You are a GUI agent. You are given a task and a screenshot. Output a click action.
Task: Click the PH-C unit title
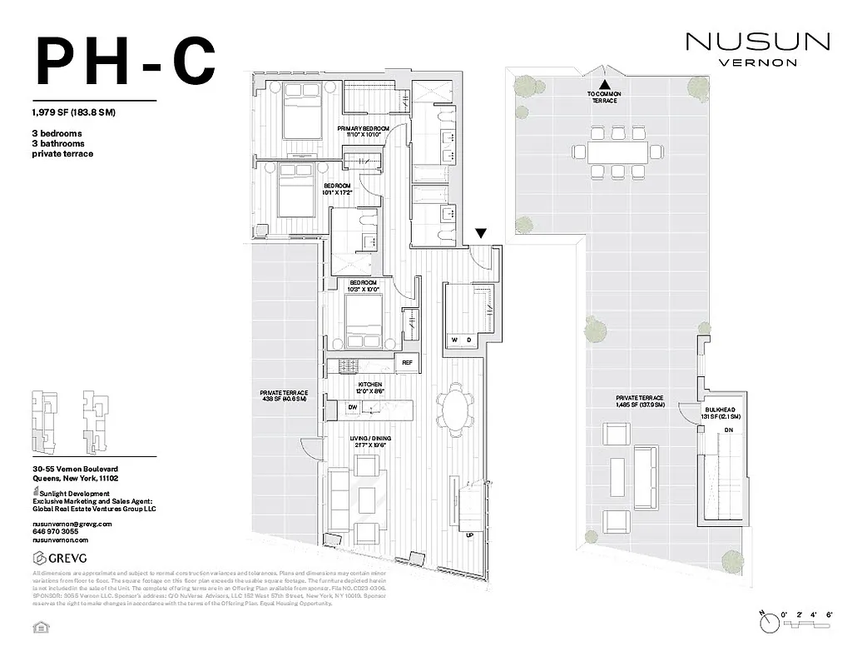125,62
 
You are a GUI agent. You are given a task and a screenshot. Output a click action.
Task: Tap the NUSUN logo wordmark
756,41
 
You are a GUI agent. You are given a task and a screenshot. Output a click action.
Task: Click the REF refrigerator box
408,362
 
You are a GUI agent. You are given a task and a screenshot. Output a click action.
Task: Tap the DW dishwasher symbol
353,407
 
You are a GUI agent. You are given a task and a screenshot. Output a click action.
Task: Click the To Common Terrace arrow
605,85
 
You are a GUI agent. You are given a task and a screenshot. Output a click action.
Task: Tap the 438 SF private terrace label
284,396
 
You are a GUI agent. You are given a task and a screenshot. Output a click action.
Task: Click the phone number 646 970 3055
56,530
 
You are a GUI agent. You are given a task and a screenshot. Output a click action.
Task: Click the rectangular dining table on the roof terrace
617,152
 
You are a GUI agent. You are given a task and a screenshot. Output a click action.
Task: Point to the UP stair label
470,535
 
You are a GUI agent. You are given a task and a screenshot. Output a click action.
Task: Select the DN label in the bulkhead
728,430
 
